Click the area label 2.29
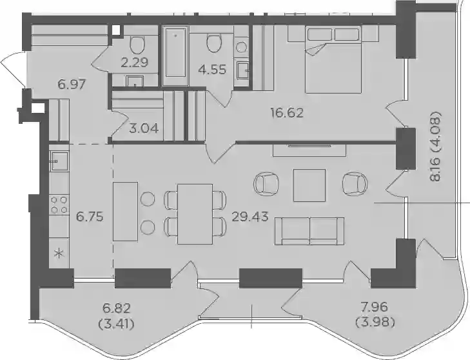[135, 63]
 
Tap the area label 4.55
[213, 70]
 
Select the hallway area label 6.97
[72, 85]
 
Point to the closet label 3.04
[144, 128]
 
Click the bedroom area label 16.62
[287, 113]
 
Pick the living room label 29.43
[250, 216]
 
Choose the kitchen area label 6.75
[90, 216]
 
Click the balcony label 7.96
[374, 307]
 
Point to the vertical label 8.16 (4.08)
[435, 146]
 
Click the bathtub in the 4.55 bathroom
[175, 55]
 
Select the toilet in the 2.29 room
[137, 45]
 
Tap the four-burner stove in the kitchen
[59, 205]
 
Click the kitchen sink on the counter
[59, 161]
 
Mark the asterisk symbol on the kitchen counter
[59, 254]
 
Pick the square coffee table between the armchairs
[309, 185]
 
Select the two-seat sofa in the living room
[309, 231]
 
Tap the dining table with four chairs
[195, 214]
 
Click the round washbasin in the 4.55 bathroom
[242, 47]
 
